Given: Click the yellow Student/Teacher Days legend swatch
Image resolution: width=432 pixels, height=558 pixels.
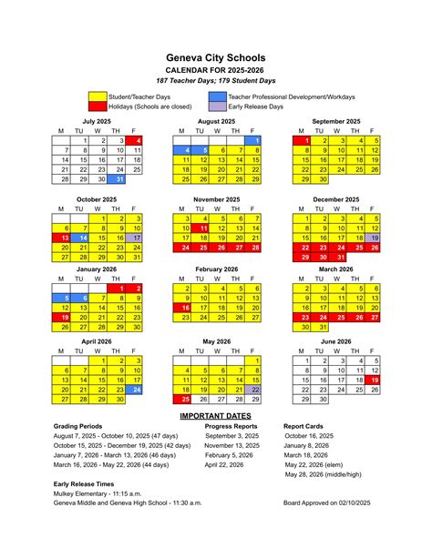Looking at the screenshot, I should pos(98,96).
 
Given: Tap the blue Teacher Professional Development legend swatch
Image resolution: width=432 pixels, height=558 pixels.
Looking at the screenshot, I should pos(217,96).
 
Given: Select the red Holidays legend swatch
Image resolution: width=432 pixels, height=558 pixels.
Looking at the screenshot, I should pos(98,106).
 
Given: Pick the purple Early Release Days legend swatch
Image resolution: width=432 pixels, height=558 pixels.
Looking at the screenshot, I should pos(217,106).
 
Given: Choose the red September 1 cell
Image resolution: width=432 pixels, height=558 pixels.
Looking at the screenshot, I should pos(307,141).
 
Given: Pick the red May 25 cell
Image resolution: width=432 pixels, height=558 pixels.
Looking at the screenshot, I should pos(185,399).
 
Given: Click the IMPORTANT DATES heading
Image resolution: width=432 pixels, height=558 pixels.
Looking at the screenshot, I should pos(216,415).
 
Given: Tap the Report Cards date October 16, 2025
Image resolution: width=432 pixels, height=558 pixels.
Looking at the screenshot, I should pos(311,436).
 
